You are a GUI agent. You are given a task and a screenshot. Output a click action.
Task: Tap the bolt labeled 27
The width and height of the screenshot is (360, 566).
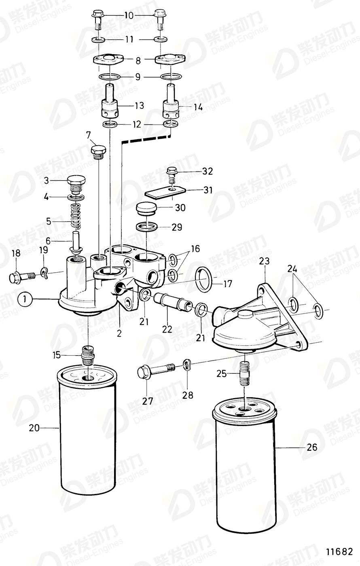(156, 370)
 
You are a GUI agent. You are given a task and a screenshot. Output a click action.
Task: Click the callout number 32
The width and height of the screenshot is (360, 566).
(207, 172)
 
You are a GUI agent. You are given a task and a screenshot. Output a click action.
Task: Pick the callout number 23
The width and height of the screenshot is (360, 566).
(264, 262)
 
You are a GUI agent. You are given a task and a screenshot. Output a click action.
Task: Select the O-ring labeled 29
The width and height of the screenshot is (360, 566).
(147, 227)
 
